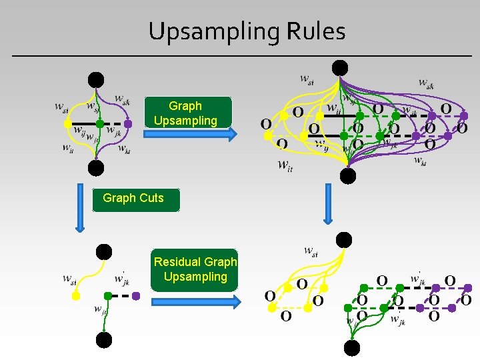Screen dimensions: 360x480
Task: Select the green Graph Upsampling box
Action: (185, 113)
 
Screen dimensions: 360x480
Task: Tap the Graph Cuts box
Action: (136, 199)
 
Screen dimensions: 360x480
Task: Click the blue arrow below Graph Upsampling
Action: (191, 135)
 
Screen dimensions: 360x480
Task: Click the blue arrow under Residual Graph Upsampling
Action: (195, 302)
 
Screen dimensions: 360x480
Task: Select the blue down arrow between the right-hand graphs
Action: (327, 203)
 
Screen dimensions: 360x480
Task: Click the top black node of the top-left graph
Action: (97, 80)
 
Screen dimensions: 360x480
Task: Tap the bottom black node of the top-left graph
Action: (97, 167)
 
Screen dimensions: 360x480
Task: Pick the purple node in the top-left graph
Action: (128, 123)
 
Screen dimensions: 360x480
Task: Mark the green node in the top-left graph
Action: (99, 123)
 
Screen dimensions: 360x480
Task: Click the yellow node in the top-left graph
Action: (67, 124)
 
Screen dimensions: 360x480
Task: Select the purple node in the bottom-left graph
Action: (136, 295)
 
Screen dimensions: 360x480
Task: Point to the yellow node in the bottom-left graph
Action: (76, 295)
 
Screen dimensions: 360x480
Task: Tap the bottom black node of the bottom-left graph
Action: (104, 340)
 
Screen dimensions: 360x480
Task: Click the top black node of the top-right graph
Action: (340, 67)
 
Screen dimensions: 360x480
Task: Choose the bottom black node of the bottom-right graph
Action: (351, 347)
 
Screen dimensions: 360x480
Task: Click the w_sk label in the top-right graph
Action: (426, 83)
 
